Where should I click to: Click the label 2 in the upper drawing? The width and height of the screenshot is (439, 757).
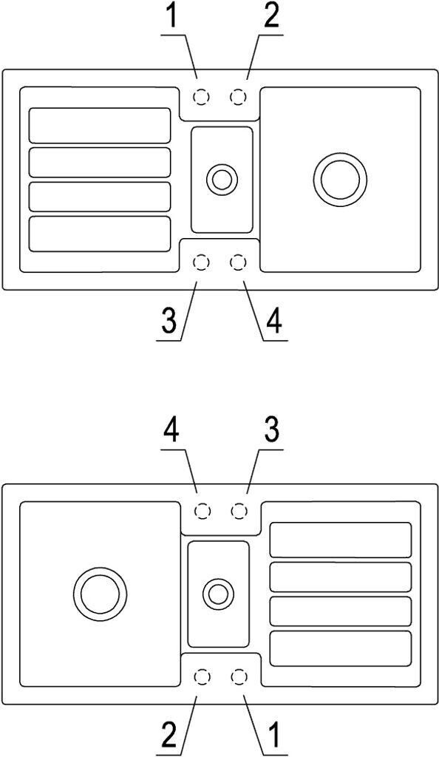pos(271,18)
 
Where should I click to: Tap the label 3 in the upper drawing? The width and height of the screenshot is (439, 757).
pos(169,322)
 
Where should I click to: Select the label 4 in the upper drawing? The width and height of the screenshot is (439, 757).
pos(273,322)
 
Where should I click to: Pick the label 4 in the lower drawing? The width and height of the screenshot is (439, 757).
pos(171,433)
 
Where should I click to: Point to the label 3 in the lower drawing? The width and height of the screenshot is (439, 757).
pos(271,433)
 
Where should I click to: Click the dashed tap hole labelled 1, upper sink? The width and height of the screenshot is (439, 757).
pos(201,98)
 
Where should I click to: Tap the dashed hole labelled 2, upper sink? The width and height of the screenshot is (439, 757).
pos(238,98)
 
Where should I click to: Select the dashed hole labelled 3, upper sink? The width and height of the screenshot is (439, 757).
pos(201,262)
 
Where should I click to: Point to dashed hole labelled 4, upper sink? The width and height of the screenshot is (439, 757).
pos(238,262)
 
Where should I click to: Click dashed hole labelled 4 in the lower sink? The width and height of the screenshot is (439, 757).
pos(203,512)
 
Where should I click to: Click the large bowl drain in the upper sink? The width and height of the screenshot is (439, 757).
pos(340,179)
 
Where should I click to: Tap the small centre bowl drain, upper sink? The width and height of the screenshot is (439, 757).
pos(222,180)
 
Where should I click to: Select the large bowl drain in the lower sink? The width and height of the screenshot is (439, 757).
pos(100,594)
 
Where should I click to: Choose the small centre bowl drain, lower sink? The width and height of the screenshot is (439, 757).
pos(219,594)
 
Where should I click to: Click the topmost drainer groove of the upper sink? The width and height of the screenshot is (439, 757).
pos(100,126)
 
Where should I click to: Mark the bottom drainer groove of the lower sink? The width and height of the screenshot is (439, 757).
pos(341,648)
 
